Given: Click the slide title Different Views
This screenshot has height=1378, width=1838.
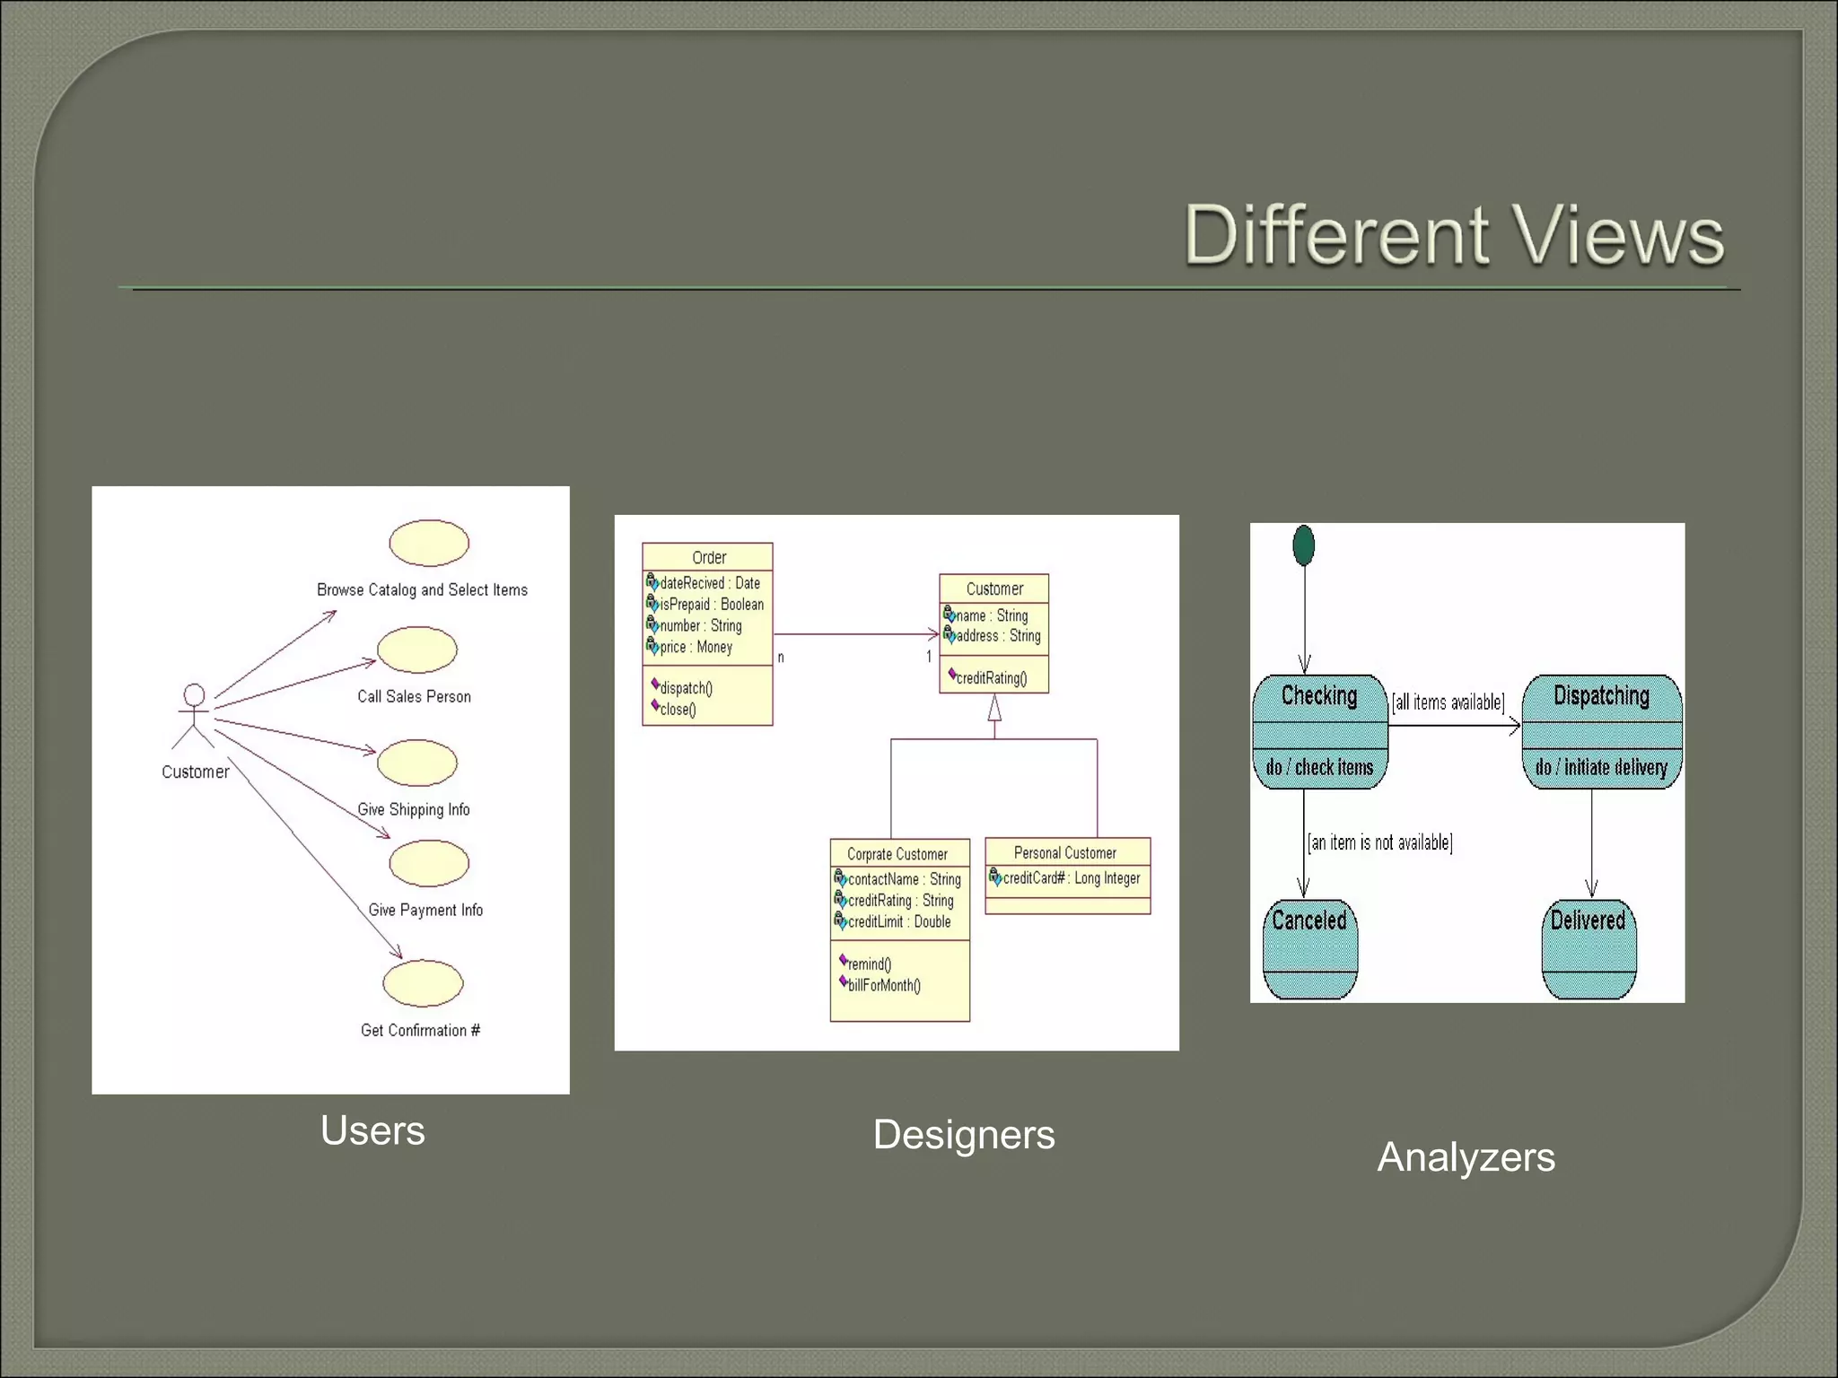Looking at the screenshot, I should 1454,235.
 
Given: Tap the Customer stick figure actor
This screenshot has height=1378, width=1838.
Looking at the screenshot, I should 194,716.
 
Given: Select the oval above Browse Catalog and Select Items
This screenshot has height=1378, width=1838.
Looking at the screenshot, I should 429,543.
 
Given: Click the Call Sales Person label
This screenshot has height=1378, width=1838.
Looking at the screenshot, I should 414,696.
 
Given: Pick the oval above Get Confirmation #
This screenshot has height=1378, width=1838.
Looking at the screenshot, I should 423,983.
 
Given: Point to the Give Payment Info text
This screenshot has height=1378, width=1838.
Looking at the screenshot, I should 425,910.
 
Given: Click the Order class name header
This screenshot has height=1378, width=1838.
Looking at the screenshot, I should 708,557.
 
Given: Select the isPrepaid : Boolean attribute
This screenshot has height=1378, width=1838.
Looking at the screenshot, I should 711,605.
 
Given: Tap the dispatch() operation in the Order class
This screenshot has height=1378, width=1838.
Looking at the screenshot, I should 686,688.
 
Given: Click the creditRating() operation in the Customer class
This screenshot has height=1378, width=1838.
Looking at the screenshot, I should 991,678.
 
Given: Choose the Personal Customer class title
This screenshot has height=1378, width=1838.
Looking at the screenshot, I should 1065,852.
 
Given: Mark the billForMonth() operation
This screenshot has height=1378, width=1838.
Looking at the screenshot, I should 883,985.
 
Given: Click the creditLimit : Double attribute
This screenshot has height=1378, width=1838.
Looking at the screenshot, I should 898,921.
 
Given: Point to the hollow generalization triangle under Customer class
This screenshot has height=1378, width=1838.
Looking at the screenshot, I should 994,709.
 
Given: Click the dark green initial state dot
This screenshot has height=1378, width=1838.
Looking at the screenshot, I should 1304,545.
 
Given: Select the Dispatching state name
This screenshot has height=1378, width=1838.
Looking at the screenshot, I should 1601,696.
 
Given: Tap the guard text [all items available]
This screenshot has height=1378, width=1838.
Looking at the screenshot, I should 1448,702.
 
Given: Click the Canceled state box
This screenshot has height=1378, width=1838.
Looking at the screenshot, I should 1309,948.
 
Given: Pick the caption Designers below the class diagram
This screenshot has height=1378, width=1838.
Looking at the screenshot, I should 964,1135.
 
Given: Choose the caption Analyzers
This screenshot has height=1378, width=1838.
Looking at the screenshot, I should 1466,1157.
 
